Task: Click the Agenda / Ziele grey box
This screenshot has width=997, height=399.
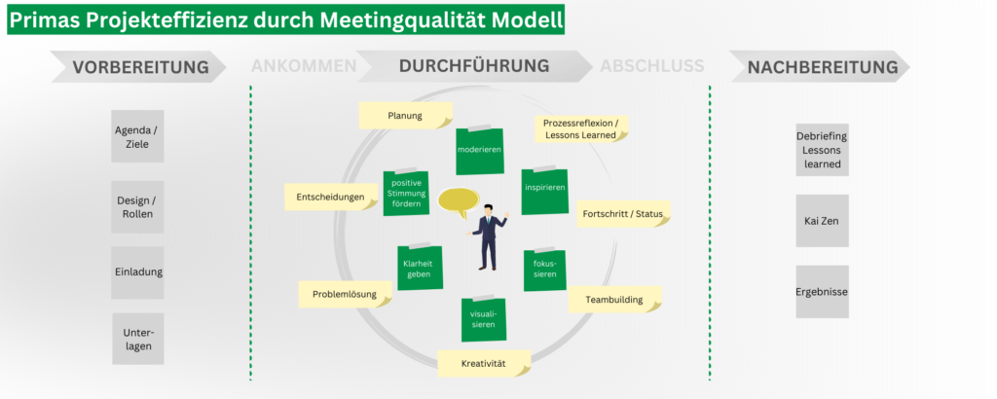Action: [138, 136]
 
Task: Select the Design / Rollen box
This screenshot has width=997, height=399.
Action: [138, 207]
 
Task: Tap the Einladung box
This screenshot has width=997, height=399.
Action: [138, 272]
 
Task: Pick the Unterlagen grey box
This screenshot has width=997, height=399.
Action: [138, 338]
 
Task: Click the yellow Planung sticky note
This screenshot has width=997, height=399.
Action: [405, 116]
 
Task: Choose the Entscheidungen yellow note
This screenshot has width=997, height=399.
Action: [331, 198]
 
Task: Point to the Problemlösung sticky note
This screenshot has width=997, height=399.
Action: [345, 294]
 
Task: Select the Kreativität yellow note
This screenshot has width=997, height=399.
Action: [484, 364]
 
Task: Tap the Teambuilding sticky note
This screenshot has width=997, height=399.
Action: [614, 300]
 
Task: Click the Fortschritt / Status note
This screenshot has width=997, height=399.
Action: [624, 213]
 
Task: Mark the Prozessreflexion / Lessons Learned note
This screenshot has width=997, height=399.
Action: [580, 128]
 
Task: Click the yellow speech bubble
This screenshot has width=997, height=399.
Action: [461, 201]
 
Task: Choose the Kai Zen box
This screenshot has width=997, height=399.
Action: [822, 222]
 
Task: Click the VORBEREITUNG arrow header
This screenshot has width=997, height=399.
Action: [141, 67]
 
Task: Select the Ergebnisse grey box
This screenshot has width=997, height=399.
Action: [822, 292]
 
